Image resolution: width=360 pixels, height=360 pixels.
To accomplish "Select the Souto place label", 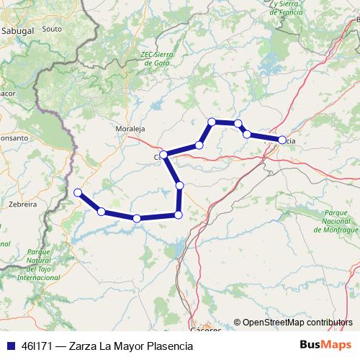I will point(52,30).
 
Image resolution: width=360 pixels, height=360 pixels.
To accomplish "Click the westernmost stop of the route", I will point(78,192).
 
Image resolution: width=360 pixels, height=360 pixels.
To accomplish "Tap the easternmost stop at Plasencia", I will point(282,140).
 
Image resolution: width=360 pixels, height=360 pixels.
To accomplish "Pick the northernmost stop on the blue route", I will point(212,122).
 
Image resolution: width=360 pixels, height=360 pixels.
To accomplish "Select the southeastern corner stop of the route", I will point(179,215).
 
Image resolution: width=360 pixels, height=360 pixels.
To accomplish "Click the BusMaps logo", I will point(327,346).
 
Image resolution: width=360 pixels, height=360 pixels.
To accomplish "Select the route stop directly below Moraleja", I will point(164,155).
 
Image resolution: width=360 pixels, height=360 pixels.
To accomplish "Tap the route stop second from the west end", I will point(102,211).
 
